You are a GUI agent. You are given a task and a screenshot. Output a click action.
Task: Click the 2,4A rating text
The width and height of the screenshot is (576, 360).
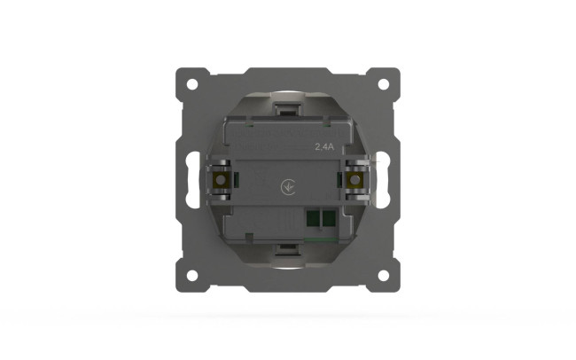324,146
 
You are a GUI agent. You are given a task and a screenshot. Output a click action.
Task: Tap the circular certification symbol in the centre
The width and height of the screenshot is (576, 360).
288,187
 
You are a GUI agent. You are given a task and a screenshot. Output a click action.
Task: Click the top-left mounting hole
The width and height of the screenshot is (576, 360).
192,84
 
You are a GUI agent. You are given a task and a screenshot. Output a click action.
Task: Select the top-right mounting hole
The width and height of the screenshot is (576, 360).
384,84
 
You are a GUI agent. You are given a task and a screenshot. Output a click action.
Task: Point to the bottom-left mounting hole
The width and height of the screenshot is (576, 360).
192,276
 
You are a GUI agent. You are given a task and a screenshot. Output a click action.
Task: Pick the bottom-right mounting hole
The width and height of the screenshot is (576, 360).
384,276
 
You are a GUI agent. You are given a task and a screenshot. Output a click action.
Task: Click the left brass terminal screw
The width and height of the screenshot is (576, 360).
221,180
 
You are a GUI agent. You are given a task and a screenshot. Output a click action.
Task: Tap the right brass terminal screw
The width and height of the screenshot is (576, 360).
354,180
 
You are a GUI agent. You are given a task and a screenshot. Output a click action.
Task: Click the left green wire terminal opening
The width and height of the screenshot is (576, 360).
314,218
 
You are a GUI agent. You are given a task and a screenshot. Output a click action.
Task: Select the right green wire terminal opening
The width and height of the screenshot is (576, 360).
329,218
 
